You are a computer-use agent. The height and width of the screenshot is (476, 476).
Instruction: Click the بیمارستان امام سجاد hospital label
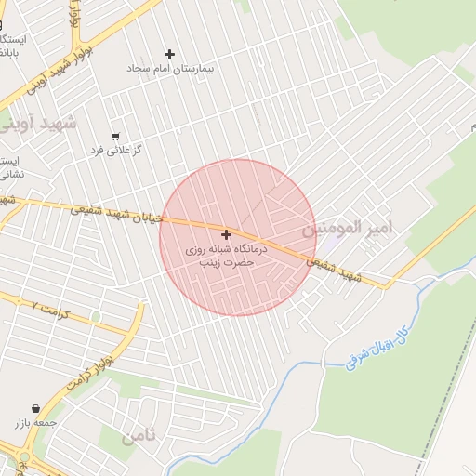pyautogui.click(x=168, y=70)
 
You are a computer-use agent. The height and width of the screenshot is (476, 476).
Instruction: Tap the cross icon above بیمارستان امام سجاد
pyautogui.click(x=169, y=55)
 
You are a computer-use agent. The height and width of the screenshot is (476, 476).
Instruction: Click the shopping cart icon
pyautogui.click(x=115, y=136)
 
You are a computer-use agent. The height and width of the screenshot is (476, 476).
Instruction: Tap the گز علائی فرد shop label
pyautogui.click(x=114, y=150)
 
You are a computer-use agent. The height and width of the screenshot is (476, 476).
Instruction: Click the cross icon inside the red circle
pyautogui.click(x=226, y=235)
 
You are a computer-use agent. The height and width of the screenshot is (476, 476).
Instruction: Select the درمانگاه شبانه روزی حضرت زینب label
pyautogui.click(x=226, y=257)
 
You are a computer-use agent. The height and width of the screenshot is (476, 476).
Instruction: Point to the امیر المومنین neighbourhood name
pyautogui.click(x=349, y=228)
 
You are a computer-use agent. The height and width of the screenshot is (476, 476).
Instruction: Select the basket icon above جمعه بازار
pyautogui.click(x=35, y=408)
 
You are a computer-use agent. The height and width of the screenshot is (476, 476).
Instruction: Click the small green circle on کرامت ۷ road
pyautogui.click(x=96, y=316)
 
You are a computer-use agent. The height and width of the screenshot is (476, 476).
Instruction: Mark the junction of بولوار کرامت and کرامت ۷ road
pyautogui.click(x=136, y=329)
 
